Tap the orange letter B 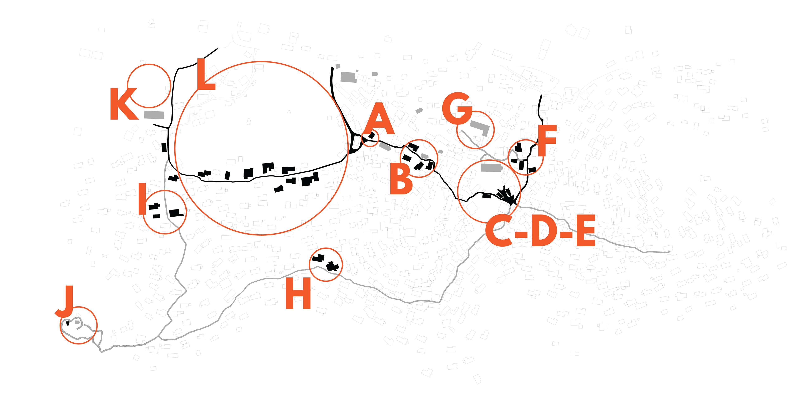click(x=401, y=179)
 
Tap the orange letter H click(x=298, y=293)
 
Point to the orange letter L click(x=206, y=74)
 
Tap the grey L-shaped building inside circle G click(x=481, y=128)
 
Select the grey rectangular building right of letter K click(x=154, y=115)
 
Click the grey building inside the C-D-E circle click(x=491, y=168)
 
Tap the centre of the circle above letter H click(x=326, y=264)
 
